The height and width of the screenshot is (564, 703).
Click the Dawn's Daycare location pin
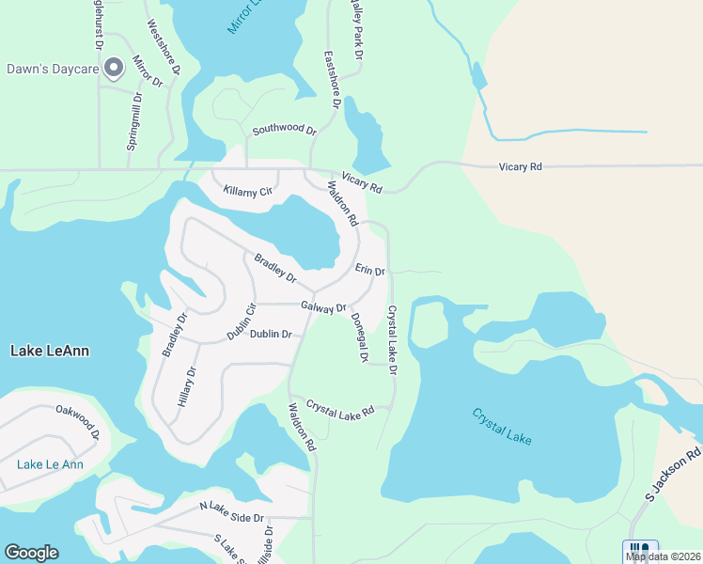pyautogui.click(x=114, y=67)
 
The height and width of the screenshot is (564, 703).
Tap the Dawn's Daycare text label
pyautogui.click(x=53, y=68)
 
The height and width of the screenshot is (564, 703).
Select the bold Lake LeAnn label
pyautogui.click(x=50, y=351)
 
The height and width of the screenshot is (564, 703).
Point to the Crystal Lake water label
pyautogui.click(x=502, y=424)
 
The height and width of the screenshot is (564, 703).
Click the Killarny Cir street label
pyautogui.click(x=247, y=192)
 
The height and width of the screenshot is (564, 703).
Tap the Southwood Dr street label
pyautogui.click(x=284, y=128)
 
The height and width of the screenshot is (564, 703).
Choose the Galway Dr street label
pyautogui.click(x=324, y=306)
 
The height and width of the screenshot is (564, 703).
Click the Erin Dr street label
pyautogui.click(x=370, y=270)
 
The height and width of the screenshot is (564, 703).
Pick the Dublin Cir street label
pyautogui.click(x=242, y=321)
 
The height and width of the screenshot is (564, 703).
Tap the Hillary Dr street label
pyautogui.click(x=188, y=385)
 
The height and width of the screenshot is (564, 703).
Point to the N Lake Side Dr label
pyautogui.click(x=233, y=511)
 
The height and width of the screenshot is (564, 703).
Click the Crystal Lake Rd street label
pyautogui.click(x=340, y=407)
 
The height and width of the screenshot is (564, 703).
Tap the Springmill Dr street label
pyautogui.click(x=134, y=121)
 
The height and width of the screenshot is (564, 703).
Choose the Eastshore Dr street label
pyautogui.click(x=330, y=80)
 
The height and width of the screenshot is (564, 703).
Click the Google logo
pyautogui.click(x=31, y=553)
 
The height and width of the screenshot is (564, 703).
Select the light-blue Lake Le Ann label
pyautogui.click(x=50, y=464)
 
